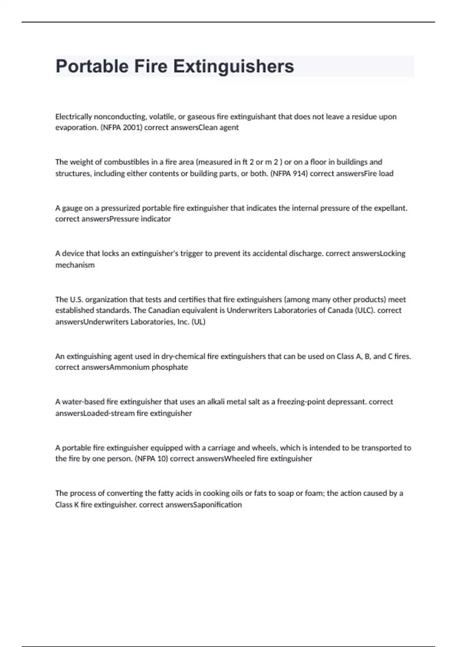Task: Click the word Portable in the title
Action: (x=92, y=66)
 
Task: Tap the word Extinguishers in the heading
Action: (x=233, y=66)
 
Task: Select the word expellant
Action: (x=390, y=208)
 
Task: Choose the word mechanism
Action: (x=75, y=265)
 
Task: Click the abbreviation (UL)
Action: (x=198, y=322)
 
